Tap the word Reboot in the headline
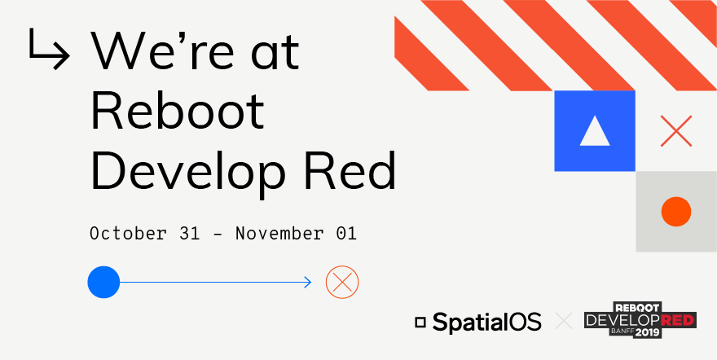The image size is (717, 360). coord(178,112)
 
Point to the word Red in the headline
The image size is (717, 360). coord(359,171)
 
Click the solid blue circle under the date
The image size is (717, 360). coord(103,282)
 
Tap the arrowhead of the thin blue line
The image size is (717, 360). coord(307,282)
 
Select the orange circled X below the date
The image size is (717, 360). coord(342,282)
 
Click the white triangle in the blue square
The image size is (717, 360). coord(595,131)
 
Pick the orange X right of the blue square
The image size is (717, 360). coord(675,131)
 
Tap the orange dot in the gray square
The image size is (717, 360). coord(675,212)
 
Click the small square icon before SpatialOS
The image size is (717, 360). coord(420,323)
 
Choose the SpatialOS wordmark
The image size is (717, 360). coord(486,323)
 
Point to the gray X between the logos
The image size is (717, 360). coord(563,322)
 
